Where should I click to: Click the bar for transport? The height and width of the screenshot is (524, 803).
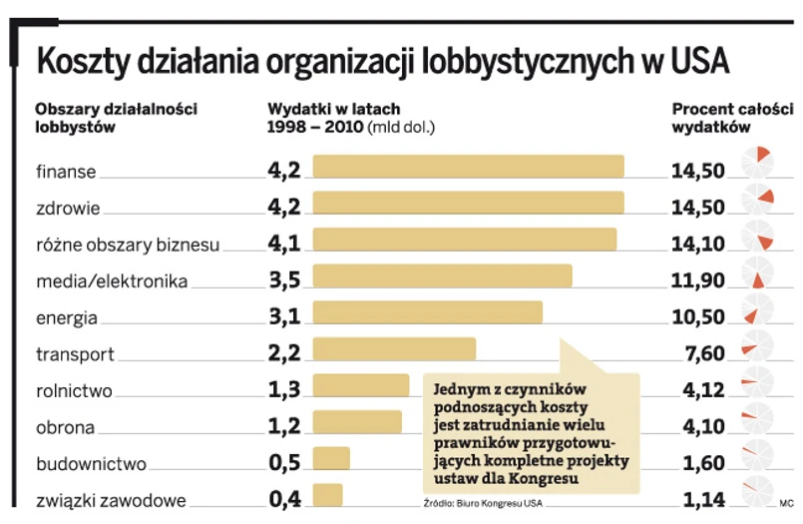(394, 348)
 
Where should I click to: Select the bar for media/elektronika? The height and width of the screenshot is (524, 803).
(442, 275)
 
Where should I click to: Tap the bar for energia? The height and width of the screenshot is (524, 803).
(427, 312)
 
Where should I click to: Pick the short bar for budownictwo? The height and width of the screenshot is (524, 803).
(331, 458)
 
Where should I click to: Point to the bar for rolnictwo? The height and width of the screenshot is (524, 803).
(360, 385)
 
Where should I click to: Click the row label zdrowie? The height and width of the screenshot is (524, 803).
(68, 208)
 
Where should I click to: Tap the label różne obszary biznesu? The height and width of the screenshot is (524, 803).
(128, 245)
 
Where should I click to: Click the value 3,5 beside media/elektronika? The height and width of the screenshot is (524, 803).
(284, 279)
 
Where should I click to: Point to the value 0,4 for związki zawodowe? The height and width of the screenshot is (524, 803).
(284, 499)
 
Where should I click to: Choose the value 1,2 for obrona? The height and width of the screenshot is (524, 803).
(284, 426)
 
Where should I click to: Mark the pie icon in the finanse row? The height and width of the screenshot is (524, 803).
(757, 162)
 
